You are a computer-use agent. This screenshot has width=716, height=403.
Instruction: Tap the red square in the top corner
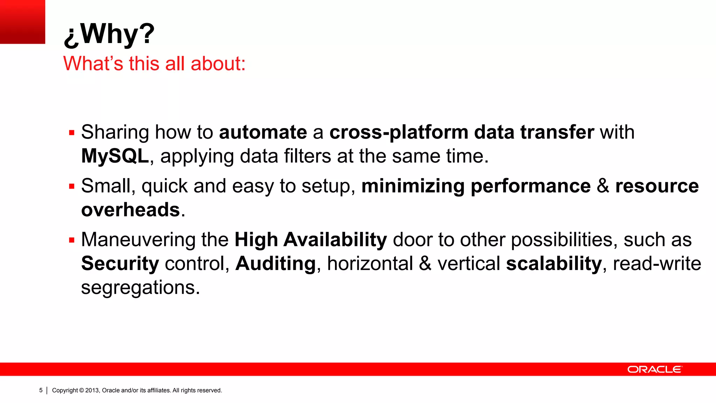click(x=22, y=22)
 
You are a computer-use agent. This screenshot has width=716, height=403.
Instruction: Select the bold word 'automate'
click(x=263, y=132)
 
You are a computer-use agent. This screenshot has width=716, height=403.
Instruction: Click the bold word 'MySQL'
click(x=115, y=156)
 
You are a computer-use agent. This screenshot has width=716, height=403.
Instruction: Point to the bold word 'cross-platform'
click(x=399, y=132)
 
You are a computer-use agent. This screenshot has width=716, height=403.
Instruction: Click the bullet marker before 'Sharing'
click(x=72, y=133)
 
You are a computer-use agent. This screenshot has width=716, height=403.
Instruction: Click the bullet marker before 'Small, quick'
click(x=72, y=186)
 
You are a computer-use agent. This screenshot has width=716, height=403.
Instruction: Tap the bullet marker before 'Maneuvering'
click(x=72, y=240)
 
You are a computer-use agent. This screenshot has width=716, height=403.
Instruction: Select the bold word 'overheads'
click(x=130, y=210)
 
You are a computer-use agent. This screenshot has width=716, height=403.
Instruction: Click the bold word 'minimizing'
click(x=413, y=186)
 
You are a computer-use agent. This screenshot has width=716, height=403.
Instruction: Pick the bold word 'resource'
click(x=657, y=186)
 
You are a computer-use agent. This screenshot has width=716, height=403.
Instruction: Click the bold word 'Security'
click(x=120, y=263)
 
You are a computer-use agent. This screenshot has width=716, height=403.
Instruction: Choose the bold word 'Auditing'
click(x=275, y=263)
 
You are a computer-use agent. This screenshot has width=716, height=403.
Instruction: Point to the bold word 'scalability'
click(x=554, y=263)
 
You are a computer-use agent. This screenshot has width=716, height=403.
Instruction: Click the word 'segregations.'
click(x=141, y=288)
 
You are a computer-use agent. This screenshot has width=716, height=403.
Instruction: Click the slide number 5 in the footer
click(x=41, y=390)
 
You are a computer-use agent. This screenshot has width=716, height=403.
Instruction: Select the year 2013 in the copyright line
click(x=92, y=390)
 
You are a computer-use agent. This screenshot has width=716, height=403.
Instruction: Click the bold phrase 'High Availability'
click(x=310, y=240)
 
